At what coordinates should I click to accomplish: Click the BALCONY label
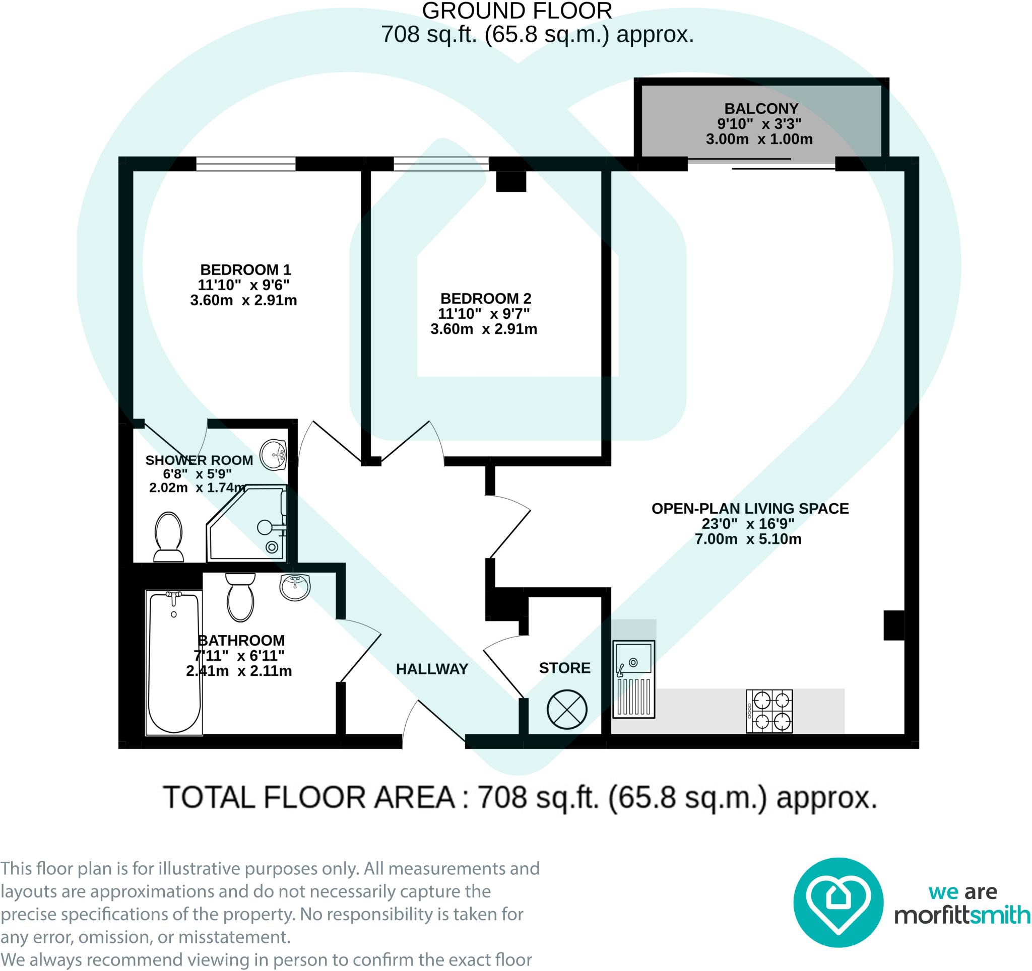761,108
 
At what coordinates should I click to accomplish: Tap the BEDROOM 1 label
245,270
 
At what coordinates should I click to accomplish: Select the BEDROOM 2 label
486,299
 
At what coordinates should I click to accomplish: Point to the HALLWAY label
432,669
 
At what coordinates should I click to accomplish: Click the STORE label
565,668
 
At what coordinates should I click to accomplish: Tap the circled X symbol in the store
567,710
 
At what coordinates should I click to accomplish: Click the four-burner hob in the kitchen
769,711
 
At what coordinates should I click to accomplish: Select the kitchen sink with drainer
634,679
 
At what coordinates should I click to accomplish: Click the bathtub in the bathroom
174,663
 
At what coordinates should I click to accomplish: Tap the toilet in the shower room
169,537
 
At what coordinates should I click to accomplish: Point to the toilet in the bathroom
240,597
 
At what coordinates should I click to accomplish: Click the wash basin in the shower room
273,455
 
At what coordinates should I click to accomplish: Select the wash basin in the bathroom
294,588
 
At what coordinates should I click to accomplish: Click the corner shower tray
246,523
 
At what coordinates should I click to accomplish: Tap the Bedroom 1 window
246,164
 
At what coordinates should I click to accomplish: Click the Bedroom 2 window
441,164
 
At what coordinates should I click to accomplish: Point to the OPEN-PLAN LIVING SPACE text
750,508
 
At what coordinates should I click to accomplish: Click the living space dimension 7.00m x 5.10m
748,539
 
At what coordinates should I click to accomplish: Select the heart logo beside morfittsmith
838,903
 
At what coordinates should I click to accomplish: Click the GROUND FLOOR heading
517,11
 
